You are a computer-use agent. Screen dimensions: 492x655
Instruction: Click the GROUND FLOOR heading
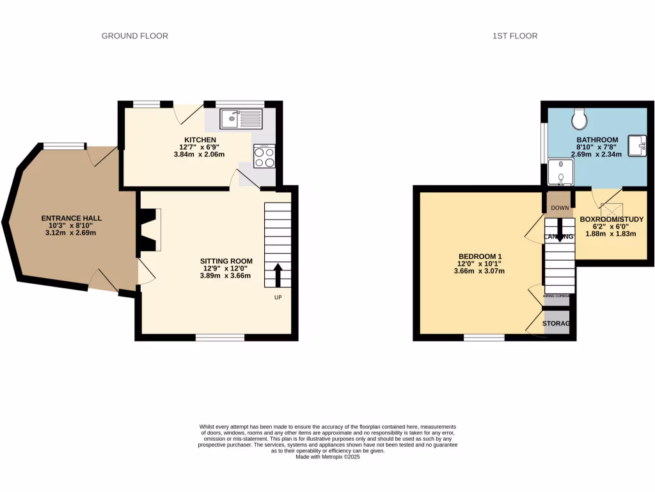[135, 36]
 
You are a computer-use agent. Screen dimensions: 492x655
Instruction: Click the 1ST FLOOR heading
[515, 36]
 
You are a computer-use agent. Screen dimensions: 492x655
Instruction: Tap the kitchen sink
[241, 119]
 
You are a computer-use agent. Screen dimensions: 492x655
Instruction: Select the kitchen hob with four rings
[265, 156]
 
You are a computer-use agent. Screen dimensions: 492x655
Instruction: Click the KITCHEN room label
[200, 140]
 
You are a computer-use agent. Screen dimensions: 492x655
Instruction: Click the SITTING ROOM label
[226, 261]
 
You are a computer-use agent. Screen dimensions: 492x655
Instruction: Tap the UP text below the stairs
[278, 297]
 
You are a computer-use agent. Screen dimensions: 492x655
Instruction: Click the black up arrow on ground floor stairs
[278, 275]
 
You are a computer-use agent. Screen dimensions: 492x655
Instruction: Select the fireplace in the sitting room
[150, 229]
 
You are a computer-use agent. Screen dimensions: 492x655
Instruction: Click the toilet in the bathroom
[580, 118]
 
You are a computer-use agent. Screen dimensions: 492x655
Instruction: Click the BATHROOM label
[597, 140]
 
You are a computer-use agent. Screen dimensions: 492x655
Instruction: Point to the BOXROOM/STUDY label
[612, 219]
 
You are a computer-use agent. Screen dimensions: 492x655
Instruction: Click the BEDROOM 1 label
[480, 256]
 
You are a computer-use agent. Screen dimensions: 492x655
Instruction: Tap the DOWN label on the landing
[560, 208]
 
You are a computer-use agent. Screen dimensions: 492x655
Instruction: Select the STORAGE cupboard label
[556, 324]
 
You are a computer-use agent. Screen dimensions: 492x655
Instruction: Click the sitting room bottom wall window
[219, 337]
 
